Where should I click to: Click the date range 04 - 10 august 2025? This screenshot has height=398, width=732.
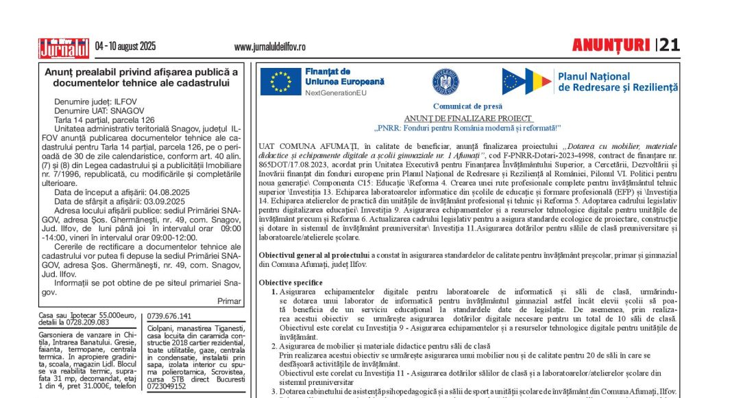pyautogui.click(x=125, y=47)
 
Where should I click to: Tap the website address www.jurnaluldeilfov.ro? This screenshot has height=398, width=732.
pyautogui.click(x=270, y=47)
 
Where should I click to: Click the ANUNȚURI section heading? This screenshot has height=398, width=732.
pyautogui.click(x=611, y=45)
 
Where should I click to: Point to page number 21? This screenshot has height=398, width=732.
pyautogui.click(x=670, y=45)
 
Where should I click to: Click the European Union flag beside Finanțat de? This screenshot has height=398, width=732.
pyautogui.click(x=280, y=82)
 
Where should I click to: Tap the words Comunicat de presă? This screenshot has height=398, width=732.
pyautogui.click(x=467, y=106)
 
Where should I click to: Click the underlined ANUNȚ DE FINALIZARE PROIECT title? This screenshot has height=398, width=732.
pyautogui.click(x=467, y=118)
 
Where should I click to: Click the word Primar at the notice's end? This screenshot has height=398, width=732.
pyautogui.click(x=229, y=301)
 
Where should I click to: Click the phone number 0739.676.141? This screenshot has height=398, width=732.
pyautogui.click(x=169, y=316)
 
